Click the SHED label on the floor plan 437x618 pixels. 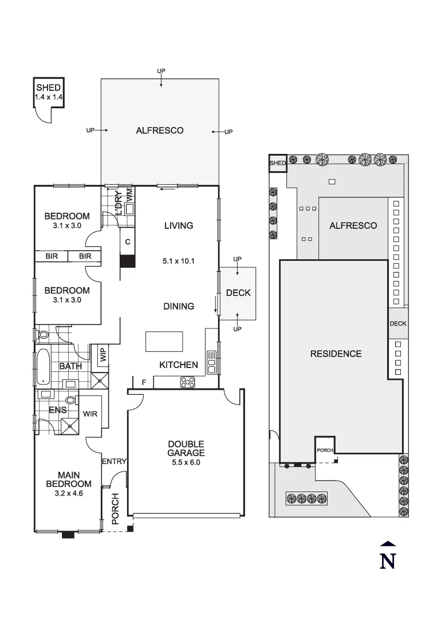(49, 88)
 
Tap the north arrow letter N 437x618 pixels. (388, 560)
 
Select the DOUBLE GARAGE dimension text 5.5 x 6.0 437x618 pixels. (186, 463)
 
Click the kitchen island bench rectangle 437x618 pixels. (164, 342)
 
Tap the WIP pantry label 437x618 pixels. (103, 355)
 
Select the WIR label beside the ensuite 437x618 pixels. (90, 413)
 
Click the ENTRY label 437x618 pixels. (114, 461)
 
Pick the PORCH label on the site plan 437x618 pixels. (325, 450)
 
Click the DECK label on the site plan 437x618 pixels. (398, 324)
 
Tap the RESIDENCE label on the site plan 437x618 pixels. (336, 354)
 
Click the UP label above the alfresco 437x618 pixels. (161, 71)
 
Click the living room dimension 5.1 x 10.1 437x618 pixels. (179, 261)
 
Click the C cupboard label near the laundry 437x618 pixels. (128, 242)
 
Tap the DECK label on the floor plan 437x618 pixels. (238, 293)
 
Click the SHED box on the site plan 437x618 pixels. (278, 164)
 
